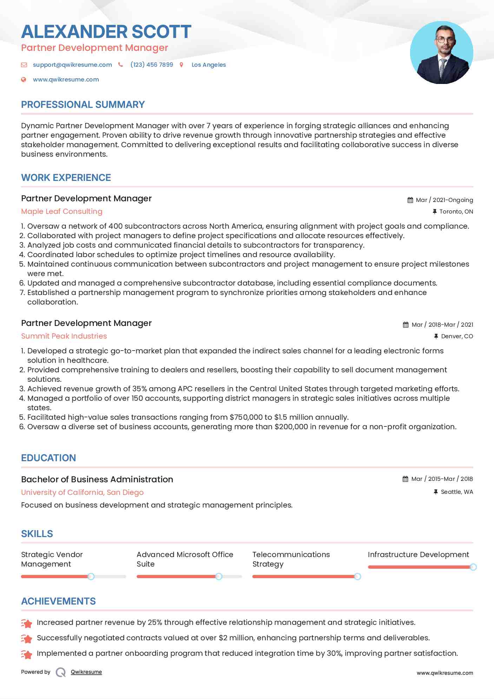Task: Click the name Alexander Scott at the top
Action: [106, 32]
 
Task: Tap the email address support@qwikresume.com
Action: [72, 65]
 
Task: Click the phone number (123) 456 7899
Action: [152, 65]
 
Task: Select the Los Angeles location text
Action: [209, 65]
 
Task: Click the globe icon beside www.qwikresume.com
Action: [24, 79]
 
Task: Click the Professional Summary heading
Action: [83, 105]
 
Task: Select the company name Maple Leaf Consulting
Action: [62, 211]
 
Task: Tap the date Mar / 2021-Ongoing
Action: [444, 200]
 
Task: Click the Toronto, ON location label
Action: [456, 211]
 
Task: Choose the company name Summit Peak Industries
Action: [64, 336]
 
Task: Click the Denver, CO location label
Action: [457, 336]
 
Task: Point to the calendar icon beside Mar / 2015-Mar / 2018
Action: [405, 479]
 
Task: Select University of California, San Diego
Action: [82, 492]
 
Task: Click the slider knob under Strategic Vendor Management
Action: [91, 576]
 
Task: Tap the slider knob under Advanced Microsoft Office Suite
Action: [219, 576]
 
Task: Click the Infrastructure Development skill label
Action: [418, 555]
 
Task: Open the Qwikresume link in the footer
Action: [86, 672]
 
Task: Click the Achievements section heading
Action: [58, 601]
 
